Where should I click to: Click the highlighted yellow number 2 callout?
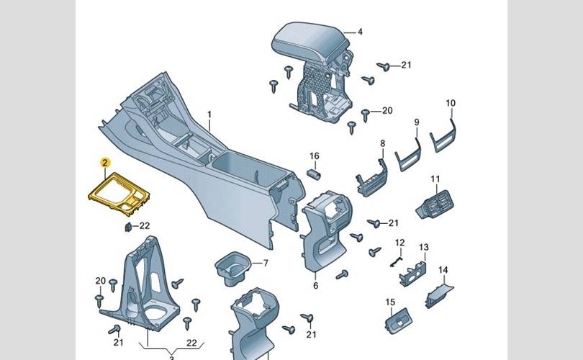coord(104,163)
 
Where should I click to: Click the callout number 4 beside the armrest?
coord(360,32)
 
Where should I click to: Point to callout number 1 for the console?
coord(210,115)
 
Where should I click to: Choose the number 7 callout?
coord(265,263)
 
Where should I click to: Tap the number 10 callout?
coord(451,104)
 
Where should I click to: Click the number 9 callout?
coord(416,122)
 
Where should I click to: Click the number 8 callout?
coord(382,143)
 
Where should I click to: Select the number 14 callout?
coord(443,270)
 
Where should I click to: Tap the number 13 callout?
coord(423,248)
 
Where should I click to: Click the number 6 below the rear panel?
coord(315,286)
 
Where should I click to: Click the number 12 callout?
coord(399,242)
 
